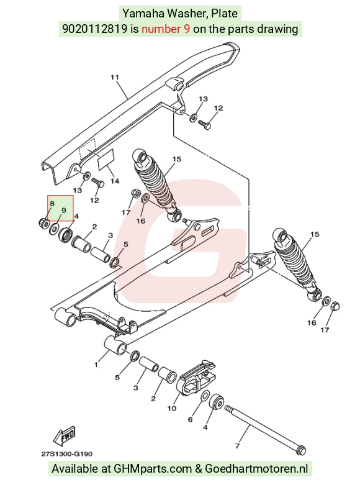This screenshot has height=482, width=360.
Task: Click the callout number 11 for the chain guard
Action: (115, 77)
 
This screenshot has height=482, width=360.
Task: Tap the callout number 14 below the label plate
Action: (115, 181)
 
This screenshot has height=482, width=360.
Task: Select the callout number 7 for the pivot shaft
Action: (237, 445)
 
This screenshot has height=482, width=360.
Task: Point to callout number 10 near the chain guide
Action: (172, 408)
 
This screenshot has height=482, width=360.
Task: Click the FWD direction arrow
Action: (65, 437)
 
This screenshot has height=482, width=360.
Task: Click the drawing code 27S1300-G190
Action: (66, 453)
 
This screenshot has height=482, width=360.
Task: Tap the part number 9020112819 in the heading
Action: (95, 29)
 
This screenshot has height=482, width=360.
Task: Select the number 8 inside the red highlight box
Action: (52, 204)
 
